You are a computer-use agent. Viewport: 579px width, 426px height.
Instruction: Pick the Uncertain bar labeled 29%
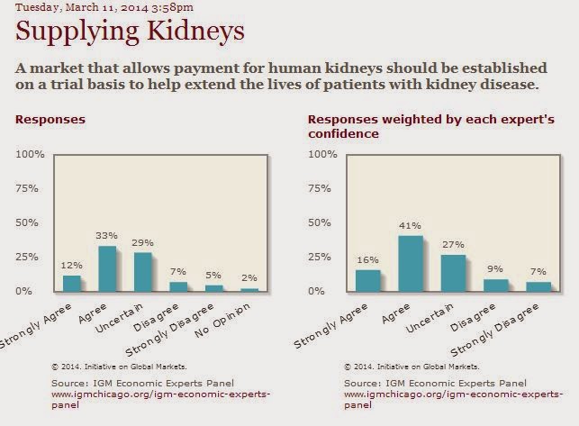tap(143, 271)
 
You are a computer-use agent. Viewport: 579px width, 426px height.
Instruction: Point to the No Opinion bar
tap(249, 289)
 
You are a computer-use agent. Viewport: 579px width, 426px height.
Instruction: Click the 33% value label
tap(106, 236)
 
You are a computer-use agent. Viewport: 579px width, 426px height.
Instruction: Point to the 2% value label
tap(249, 277)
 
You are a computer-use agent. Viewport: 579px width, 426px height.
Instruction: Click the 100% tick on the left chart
tap(32, 155)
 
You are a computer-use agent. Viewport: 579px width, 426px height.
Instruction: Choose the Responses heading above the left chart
tap(50, 118)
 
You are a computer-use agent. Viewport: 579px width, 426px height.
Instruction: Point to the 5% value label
tap(213, 275)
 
